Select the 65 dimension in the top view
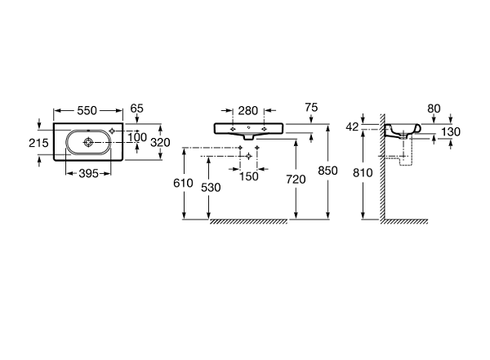pyautogui.click(x=136, y=109)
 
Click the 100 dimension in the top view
pyautogui.click(x=137, y=137)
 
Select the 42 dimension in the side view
pyautogui.click(x=352, y=127)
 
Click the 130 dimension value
pyautogui.click(x=451, y=132)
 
